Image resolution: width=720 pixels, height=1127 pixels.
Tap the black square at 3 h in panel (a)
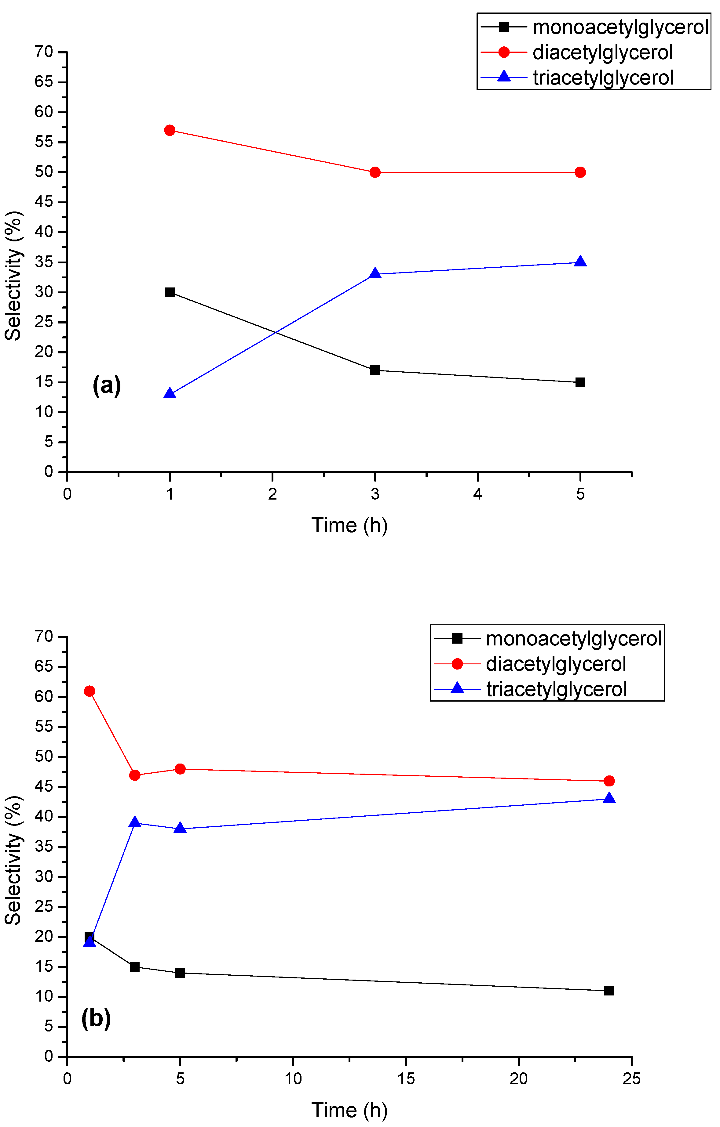(x=375, y=370)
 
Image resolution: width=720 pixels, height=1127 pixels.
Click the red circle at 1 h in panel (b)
(x=90, y=691)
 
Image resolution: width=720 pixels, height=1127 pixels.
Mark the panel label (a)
(x=107, y=385)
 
